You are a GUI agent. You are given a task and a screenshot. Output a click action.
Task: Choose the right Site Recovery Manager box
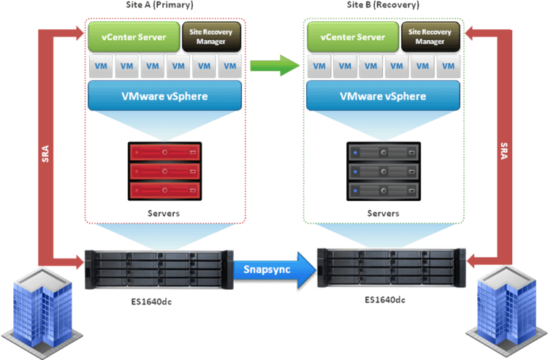tap(430, 37)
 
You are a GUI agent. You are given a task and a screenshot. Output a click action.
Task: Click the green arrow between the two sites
tap(275, 66)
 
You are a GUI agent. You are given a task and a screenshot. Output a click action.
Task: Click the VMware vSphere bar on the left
tap(164, 95)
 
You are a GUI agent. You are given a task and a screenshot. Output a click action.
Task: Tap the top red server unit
tap(164, 153)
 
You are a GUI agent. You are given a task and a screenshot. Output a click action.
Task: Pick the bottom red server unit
tap(164, 191)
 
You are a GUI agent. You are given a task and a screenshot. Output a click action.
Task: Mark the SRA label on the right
tap(503, 152)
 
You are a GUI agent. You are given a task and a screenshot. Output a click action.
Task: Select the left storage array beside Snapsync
tap(158, 269)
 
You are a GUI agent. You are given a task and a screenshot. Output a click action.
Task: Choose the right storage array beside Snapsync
tap(391, 269)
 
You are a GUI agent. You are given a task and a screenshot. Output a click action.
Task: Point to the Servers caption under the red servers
tap(164, 213)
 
